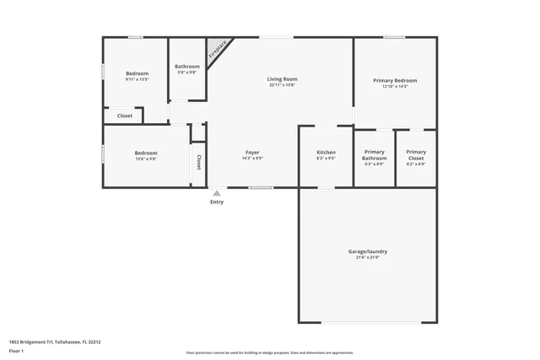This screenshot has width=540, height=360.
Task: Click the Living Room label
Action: pos(283,79)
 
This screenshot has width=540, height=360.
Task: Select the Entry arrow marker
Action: pos(217,193)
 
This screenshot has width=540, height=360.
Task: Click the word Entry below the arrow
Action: pos(217,202)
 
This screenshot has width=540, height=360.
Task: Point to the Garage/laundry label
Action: pos(368,251)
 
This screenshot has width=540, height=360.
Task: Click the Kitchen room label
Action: pos(326,153)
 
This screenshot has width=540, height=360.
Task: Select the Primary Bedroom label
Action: pos(395,81)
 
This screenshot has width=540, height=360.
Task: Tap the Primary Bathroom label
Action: pos(374,155)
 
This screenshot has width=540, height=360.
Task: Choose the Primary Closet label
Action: pos(416,155)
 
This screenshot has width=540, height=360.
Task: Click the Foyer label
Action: pos(252,153)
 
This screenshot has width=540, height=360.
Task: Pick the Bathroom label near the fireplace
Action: pos(187,67)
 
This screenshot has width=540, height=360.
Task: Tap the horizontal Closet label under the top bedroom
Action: pos(124,116)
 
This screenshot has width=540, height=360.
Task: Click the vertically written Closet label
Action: pos(199,162)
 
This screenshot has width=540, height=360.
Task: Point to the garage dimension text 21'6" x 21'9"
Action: pos(368,257)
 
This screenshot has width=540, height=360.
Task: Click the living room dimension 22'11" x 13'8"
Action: pos(283,85)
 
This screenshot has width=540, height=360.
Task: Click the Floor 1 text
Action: pos(17,352)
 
